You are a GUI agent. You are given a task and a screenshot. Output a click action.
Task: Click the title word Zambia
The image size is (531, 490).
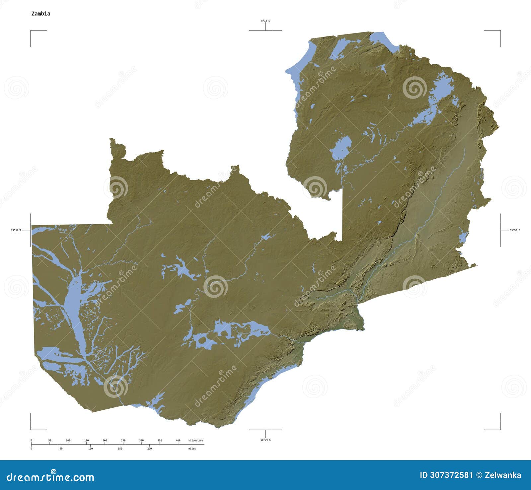point(40,14)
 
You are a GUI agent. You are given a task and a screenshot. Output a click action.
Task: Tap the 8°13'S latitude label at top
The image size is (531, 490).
point(265,21)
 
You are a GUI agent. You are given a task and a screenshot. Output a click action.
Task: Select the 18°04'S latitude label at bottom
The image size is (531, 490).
point(265,440)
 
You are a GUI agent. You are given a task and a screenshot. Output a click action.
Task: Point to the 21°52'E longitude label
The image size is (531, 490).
point(16,230)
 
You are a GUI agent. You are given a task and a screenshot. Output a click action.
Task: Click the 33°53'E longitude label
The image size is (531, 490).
point(515,230)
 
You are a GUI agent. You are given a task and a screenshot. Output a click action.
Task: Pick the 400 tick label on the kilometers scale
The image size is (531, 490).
point(178,441)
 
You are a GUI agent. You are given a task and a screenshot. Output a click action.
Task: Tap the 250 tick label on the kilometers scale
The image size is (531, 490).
point(123,441)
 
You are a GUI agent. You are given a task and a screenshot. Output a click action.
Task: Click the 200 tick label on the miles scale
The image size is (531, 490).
point(149,449)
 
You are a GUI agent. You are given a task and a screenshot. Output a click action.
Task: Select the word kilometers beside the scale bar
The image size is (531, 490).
point(196,441)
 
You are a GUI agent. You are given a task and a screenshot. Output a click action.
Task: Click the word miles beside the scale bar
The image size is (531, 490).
point(192,449)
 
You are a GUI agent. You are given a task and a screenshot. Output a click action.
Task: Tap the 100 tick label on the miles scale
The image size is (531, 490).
point(90,449)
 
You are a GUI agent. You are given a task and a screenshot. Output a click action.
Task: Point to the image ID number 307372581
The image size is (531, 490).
point(446,475)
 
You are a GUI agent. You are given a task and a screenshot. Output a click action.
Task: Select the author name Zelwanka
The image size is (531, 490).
point(503,475)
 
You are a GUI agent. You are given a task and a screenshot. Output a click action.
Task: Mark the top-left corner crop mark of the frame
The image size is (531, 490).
point(31,31)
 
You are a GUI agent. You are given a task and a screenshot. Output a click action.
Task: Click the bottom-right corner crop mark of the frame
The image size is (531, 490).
point(500,429)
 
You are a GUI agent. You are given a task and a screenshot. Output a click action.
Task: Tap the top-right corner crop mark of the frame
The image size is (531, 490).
point(500,31)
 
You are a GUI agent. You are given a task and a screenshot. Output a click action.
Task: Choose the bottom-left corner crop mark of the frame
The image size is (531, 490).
point(31,429)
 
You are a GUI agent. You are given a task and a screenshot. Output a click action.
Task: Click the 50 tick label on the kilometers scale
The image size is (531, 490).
point(50,441)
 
